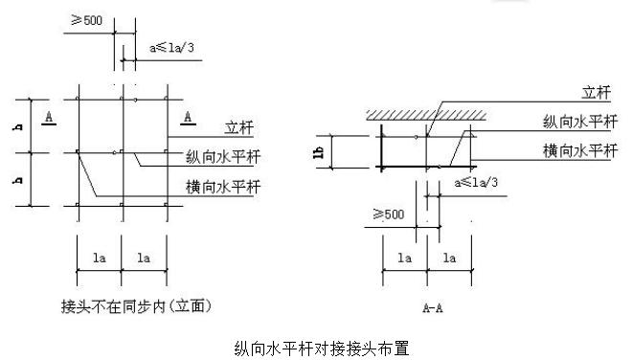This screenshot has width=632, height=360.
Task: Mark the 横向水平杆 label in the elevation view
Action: (x=225, y=185)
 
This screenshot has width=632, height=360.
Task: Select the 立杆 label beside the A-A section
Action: (x=597, y=93)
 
